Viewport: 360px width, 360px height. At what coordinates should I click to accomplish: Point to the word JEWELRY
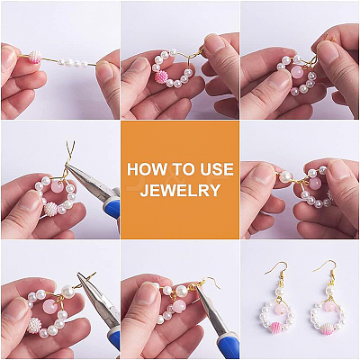click(180, 190)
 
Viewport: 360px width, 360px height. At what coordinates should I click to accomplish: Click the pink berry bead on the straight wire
click(35, 57)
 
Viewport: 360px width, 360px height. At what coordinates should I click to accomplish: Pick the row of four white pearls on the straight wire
click(73, 63)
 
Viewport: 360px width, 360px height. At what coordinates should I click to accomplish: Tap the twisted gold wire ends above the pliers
click(70, 152)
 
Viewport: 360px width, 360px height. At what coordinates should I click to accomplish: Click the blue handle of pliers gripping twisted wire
click(112, 204)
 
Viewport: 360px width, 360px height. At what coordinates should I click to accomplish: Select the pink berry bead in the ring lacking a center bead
click(162, 79)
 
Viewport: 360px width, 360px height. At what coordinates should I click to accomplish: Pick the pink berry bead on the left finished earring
click(275, 328)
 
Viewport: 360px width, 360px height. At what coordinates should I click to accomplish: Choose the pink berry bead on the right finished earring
click(327, 329)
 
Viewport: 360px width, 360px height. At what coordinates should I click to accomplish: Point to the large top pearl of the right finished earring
click(330, 291)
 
